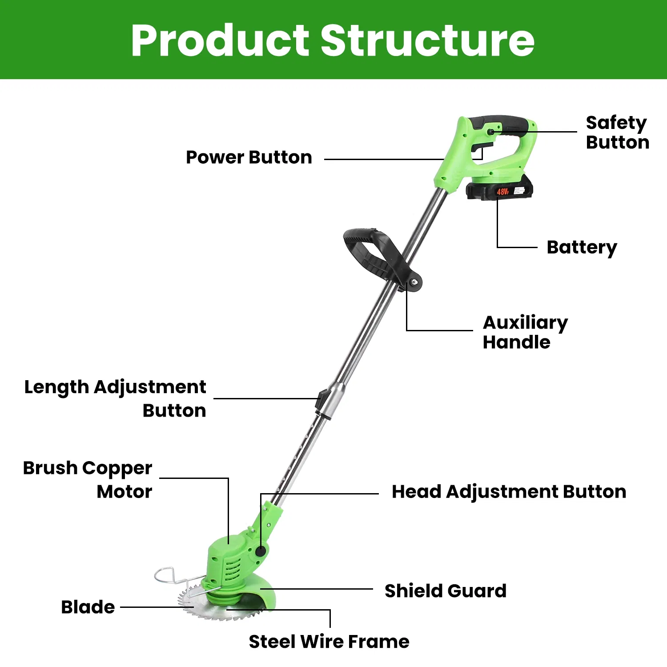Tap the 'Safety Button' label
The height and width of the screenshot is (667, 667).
pyautogui.click(x=617, y=132)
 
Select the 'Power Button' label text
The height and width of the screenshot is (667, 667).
pyautogui.click(x=249, y=157)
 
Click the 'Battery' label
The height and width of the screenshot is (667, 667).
pyautogui.click(x=582, y=247)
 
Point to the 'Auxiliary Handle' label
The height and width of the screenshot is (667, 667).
pyautogui.click(x=525, y=332)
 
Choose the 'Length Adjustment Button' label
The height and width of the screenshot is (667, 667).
pyautogui.click(x=116, y=398)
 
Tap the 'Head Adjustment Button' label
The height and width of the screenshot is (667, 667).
pyautogui.click(x=509, y=492)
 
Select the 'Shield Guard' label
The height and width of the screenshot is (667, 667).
pyautogui.click(x=445, y=591)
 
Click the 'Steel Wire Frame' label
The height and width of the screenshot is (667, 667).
pyautogui.click(x=329, y=642)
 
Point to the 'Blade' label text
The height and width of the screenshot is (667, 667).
pyautogui.click(x=88, y=607)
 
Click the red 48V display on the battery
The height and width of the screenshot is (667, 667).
pyautogui.click(x=502, y=192)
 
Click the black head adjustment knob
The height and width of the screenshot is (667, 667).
pyautogui.click(x=261, y=551)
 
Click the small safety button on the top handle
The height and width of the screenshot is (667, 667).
pyautogui.click(x=490, y=132)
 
